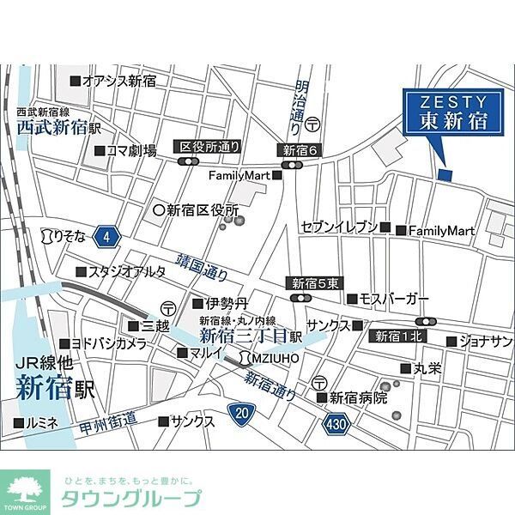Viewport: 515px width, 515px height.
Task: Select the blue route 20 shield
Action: pyautogui.click(x=242, y=414)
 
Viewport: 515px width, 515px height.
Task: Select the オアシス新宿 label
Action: pyautogui.click(x=119, y=81)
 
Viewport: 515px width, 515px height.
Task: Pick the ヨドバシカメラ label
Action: pyautogui.click(x=107, y=343)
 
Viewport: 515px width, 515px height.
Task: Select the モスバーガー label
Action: pyautogui.click(x=393, y=299)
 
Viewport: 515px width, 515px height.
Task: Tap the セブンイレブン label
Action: pyautogui.click(x=339, y=227)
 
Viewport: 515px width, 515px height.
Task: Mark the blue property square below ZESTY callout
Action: pyautogui.click(x=445, y=174)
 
